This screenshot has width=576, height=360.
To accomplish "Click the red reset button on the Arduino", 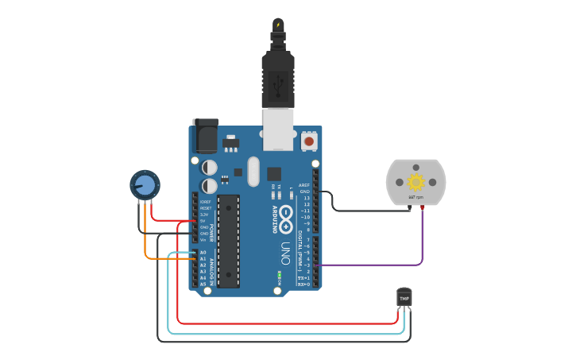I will point(309,141).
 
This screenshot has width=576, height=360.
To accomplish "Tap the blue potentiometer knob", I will point(145,185).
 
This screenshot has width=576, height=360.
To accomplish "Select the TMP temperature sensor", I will point(404,297).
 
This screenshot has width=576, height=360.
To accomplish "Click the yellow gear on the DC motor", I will point(416,180).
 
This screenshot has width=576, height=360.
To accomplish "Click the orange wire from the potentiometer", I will point(145,238).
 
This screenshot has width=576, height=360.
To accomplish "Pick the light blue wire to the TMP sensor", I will point(286,334).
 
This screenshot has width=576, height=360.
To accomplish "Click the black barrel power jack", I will point(204,136).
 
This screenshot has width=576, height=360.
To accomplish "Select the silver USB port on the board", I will point(277,129).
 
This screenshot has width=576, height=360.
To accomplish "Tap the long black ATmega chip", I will point(229,239).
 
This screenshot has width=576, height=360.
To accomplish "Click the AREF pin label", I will point(304,185).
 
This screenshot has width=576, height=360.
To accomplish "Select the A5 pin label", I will point(203,284).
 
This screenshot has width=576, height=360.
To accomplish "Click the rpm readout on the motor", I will point(416,197).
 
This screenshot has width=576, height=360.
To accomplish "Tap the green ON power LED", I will point(280,277).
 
